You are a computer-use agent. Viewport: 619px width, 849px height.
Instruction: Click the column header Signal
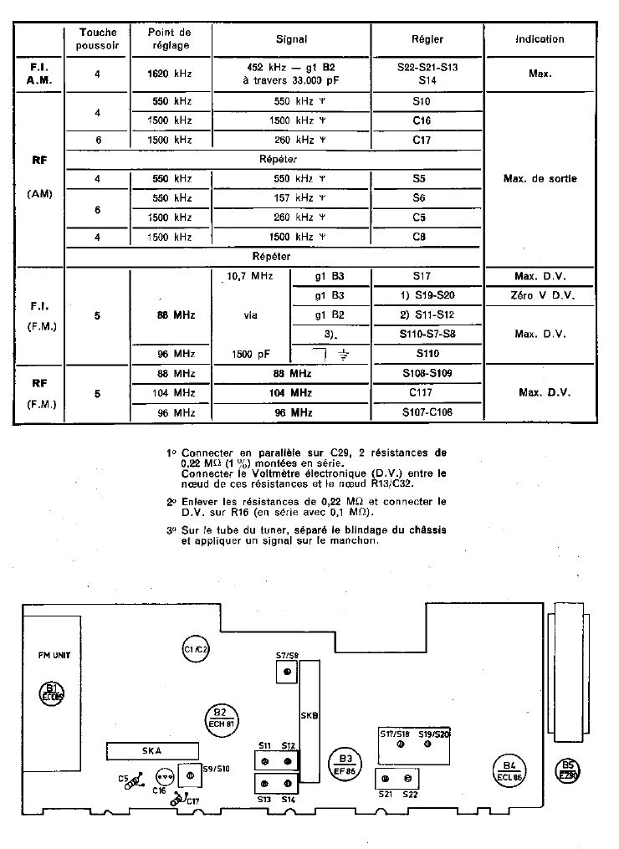point(291,38)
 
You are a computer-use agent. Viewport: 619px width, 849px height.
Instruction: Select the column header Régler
point(427,38)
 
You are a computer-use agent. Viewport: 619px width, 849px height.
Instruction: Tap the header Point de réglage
point(171,38)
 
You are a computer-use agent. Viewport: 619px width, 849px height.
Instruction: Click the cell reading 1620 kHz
point(171,74)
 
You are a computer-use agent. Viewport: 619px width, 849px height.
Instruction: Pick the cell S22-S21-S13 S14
point(427,74)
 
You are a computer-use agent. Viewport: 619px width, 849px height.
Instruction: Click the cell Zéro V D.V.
point(540,296)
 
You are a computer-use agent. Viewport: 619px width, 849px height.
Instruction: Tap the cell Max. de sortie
point(540,179)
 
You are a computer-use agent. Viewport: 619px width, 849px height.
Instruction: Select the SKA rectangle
point(152,750)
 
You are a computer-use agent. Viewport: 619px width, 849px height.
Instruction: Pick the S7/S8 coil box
point(287,672)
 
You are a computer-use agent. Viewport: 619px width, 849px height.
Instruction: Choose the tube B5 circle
point(569,770)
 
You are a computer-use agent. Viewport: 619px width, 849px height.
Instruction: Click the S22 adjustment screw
point(407,779)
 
